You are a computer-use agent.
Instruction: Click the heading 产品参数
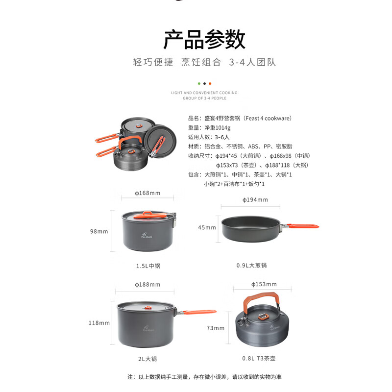[x=204, y=39]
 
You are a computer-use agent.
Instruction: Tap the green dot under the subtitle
[x=199, y=83]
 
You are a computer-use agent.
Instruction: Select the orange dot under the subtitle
[x=210, y=83]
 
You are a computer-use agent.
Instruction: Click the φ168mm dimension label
[x=147, y=193]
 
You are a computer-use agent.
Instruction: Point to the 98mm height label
[x=99, y=231]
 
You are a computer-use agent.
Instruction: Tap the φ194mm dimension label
[x=255, y=200]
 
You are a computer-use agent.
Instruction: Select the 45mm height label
[x=207, y=227]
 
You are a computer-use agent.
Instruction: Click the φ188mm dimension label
[x=147, y=285]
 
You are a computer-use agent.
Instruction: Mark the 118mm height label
[x=99, y=323]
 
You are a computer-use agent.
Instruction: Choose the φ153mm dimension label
[x=264, y=284]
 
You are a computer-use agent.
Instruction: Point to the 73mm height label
[x=216, y=328]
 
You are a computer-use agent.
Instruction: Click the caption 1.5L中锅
[x=148, y=266]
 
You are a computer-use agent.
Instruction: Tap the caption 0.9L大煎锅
[x=252, y=265]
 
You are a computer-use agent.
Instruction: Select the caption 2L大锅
[x=147, y=359]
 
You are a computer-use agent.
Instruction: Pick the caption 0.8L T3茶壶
[x=259, y=358]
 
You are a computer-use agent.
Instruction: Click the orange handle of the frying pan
[x=303, y=226]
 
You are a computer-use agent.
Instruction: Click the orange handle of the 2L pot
[x=199, y=312]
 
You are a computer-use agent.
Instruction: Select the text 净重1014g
[x=218, y=128]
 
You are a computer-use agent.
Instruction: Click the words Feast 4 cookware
[x=267, y=118]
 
